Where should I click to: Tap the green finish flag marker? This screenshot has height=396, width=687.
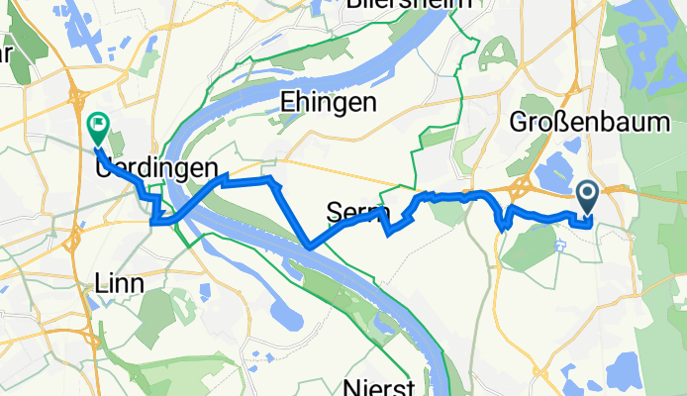click(x=98, y=128)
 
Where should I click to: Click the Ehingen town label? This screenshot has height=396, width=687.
click(x=328, y=102)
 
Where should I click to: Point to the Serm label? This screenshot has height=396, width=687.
click(x=348, y=210)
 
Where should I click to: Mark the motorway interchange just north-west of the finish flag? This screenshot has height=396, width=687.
click(x=76, y=97)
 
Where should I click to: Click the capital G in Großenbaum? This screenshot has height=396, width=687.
click(x=517, y=122)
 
